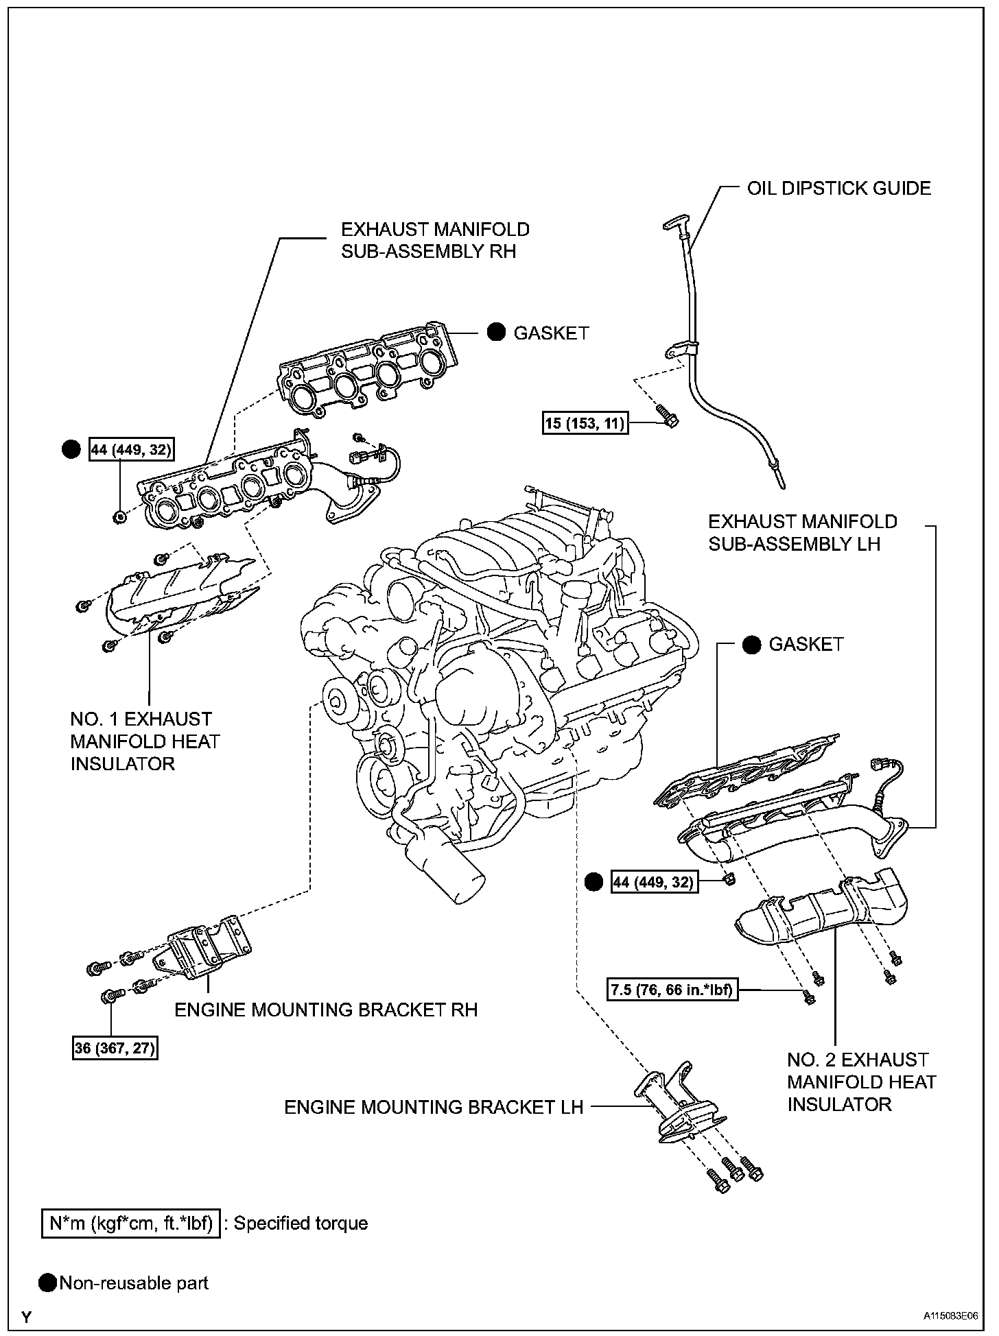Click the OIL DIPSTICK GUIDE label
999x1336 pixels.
coord(838,189)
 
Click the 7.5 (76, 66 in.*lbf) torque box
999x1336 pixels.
coord(673,990)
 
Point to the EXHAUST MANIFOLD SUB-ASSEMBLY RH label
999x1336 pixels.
coord(435,240)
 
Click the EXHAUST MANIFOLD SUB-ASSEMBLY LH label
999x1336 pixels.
coord(802,533)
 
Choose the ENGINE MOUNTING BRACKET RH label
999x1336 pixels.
coord(326,1010)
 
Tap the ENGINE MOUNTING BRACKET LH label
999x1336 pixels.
coord(434,1107)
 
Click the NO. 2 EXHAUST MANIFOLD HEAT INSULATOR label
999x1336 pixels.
coord(861,1082)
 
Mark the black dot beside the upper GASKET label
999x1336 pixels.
coord(497,333)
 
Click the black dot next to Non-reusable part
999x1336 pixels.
coord(48,1283)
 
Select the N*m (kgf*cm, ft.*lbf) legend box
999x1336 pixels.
coord(131,1224)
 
